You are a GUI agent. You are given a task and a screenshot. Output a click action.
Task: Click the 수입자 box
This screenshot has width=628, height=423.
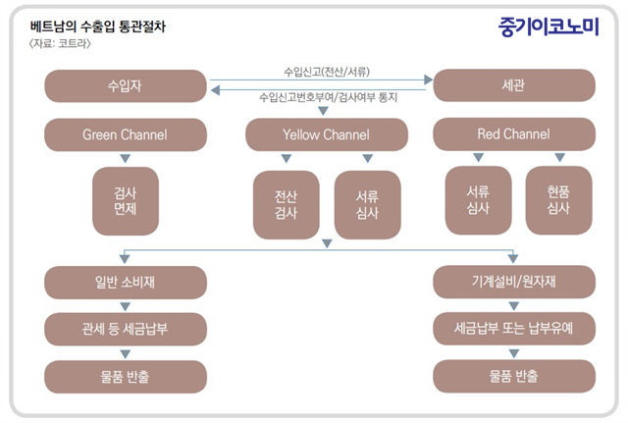tap(126, 86)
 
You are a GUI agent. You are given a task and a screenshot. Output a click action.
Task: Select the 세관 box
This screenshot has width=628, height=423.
tap(514, 85)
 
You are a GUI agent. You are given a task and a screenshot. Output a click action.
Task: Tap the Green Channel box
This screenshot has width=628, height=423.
tap(126, 134)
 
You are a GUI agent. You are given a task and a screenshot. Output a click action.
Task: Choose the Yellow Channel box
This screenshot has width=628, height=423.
tap(327, 134)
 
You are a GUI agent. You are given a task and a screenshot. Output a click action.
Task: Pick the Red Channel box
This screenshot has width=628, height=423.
tap(514, 133)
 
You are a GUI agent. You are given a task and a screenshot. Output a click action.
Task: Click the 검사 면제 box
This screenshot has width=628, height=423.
tap(126, 201)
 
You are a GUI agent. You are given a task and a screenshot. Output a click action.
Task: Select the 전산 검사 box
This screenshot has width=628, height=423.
tap(287, 205)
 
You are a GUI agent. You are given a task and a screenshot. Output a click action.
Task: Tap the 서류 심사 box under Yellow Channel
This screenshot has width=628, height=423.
tap(368, 205)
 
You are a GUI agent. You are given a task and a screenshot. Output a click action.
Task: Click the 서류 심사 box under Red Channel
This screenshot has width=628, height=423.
tap(478, 200)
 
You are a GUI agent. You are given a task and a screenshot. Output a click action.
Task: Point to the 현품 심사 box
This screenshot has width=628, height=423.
tap(559, 200)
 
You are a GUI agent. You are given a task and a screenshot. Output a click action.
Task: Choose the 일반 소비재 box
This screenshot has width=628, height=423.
tap(126, 283)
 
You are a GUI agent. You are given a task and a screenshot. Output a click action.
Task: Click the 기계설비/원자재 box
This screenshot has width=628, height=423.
tap(514, 282)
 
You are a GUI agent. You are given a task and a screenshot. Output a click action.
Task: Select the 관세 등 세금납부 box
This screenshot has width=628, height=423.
tap(126, 329)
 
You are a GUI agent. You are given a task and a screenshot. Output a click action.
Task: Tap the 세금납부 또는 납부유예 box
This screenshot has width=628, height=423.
tap(514, 329)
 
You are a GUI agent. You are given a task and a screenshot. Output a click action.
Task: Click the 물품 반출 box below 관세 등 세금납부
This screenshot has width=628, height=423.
tap(126, 377)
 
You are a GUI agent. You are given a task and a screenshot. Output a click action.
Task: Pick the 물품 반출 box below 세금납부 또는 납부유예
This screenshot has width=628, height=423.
tap(514, 376)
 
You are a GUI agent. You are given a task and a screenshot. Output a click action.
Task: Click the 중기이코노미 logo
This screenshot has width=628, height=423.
tap(549, 26)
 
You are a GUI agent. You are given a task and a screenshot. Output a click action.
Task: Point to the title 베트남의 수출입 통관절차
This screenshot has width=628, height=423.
tap(98, 26)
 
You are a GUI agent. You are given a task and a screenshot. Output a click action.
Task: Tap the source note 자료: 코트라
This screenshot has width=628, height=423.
tap(60, 43)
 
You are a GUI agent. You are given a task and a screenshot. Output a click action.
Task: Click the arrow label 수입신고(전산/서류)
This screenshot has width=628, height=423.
tap(327, 72)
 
